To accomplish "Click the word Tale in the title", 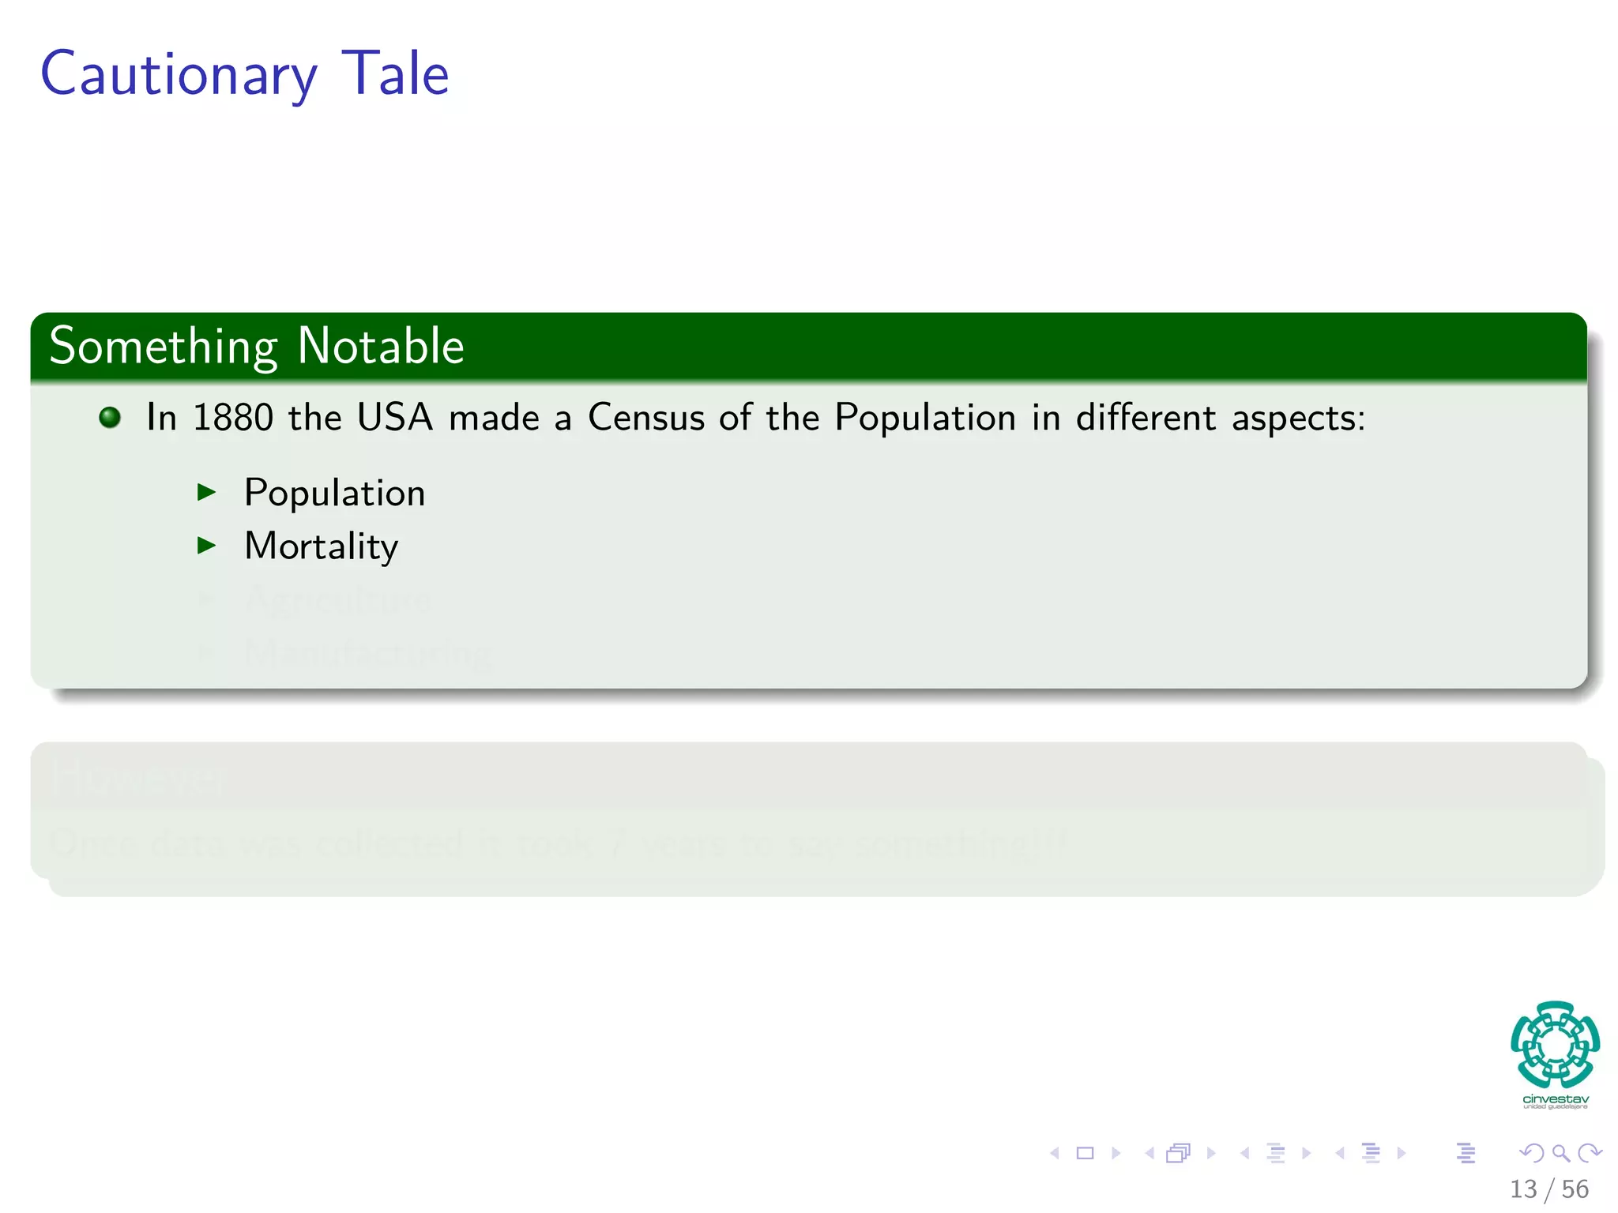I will [x=395, y=73].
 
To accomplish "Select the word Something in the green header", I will [x=163, y=347].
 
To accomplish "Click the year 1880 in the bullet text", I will [x=233, y=417].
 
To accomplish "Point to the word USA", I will [x=395, y=417].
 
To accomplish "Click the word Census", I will [x=645, y=417].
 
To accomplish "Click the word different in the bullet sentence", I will [x=1146, y=417].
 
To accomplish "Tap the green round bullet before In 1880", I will [x=110, y=417].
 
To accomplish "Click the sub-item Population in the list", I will [x=334, y=494].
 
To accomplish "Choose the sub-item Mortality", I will [x=321, y=546].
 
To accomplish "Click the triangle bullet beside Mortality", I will [x=207, y=545].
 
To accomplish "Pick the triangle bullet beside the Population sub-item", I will [x=207, y=493].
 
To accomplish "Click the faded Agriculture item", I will [x=337, y=599].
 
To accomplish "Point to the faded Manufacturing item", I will [x=367, y=653].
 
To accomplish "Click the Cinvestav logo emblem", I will [x=1555, y=1045].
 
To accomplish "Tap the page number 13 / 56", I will [x=1548, y=1189].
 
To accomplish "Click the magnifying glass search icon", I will [x=1560, y=1153].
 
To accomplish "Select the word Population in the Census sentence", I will [x=925, y=417].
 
